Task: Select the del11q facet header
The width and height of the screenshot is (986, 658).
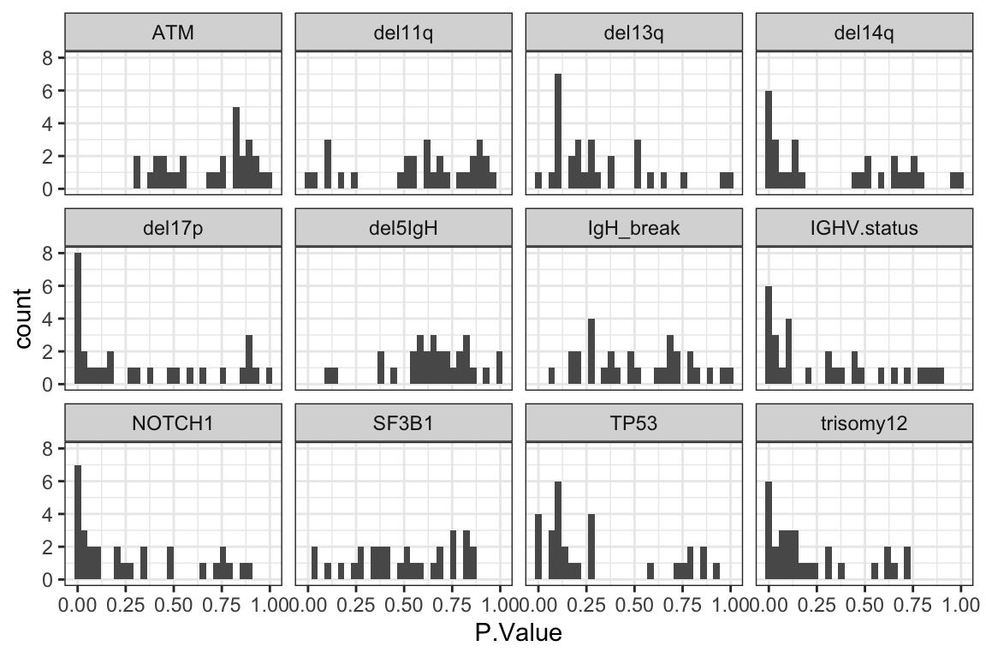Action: pos(403,34)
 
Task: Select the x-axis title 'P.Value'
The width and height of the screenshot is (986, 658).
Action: pos(518,634)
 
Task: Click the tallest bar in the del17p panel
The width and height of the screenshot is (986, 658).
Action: pos(78,319)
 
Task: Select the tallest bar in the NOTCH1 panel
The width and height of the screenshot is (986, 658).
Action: pos(78,523)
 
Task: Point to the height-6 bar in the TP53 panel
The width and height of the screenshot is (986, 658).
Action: pos(558,530)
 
